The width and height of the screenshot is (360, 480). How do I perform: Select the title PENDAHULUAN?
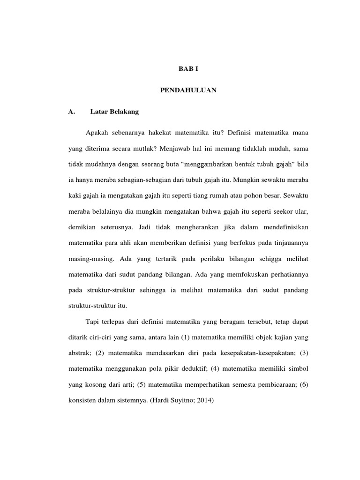(188, 90)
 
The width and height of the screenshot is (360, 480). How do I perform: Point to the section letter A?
(71, 112)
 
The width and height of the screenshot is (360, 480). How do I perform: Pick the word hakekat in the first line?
(165, 133)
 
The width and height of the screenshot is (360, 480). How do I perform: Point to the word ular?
(301, 211)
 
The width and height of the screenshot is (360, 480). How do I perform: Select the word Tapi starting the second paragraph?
(93, 322)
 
